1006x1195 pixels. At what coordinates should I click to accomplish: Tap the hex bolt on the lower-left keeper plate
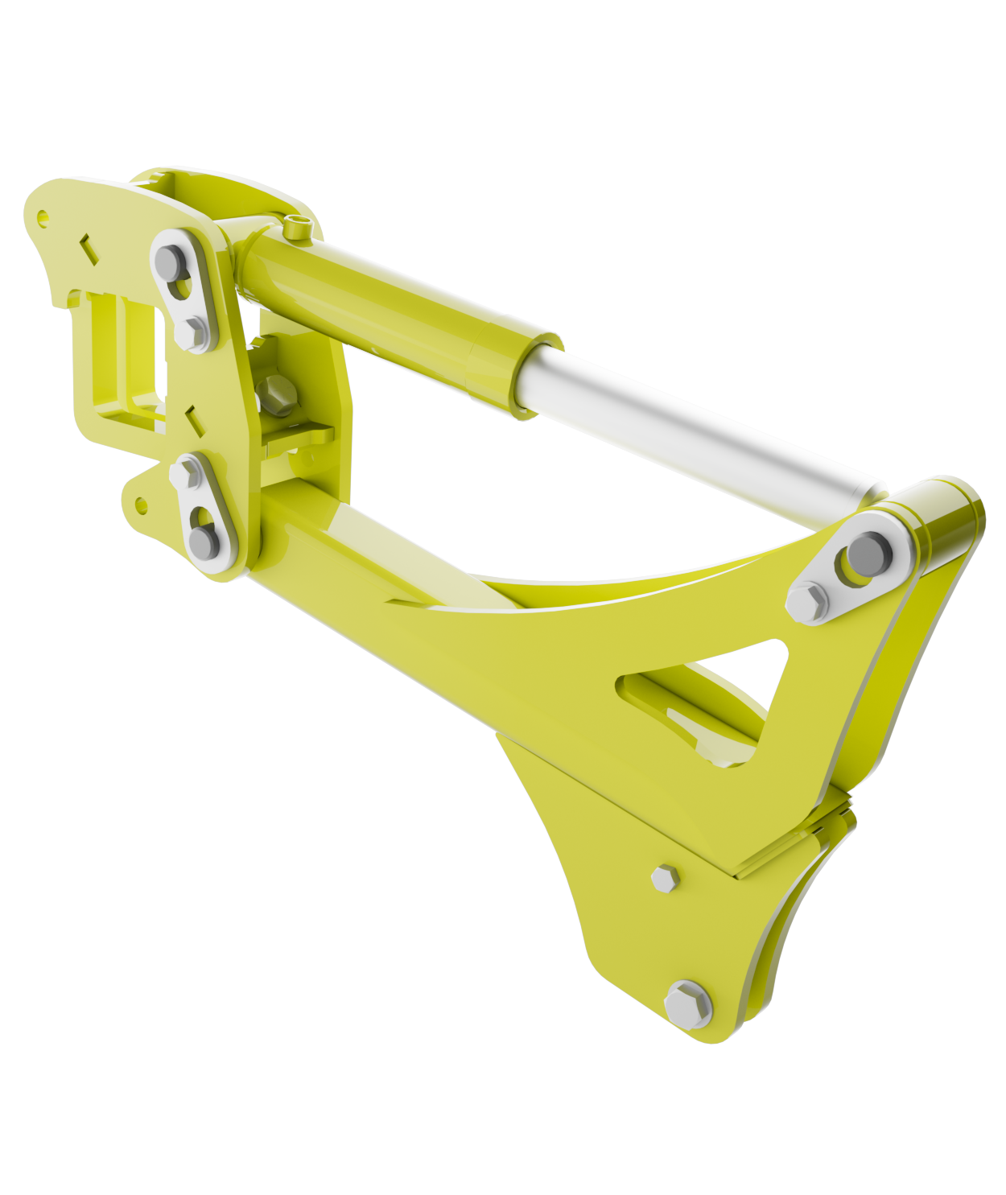[184, 473]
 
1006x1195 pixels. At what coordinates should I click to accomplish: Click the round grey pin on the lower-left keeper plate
[203, 542]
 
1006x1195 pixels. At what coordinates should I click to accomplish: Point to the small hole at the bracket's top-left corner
[43, 216]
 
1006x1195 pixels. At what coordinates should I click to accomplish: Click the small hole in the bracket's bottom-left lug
[141, 505]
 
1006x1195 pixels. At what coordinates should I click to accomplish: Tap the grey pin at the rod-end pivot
[865, 550]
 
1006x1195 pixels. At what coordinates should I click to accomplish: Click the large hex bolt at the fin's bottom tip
[688, 1004]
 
